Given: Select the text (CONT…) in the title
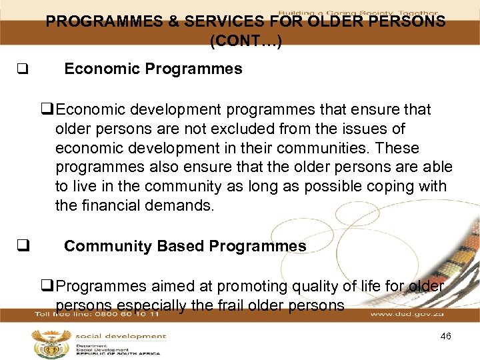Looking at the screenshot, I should pyautogui.click(x=245, y=41).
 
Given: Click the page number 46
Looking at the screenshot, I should pyautogui.click(x=445, y=336).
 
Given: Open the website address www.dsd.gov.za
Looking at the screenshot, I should pyautogui.click(x=407, y=314).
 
